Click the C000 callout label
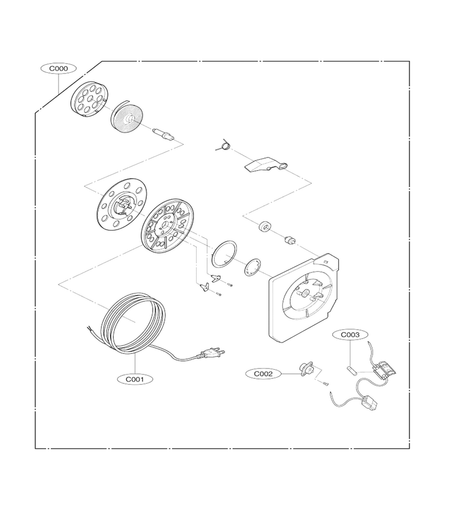click(59, 69)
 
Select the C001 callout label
click(135, 379)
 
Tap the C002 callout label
click(263, 374)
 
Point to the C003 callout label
click(350, 335)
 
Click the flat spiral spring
click(126, 117)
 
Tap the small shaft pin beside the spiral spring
click(163, 134)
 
